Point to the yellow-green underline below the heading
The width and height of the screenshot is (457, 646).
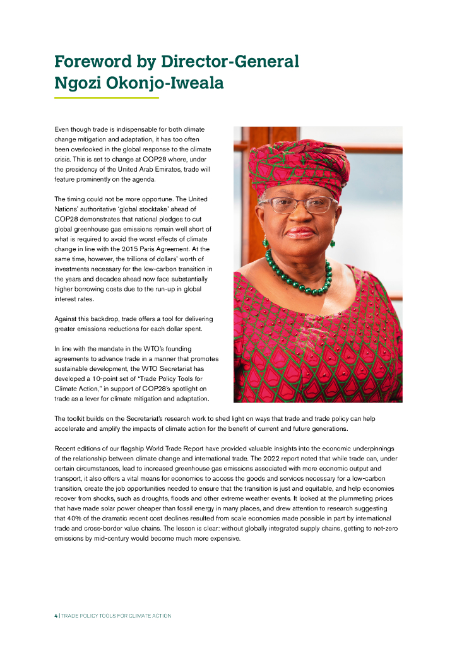click(106, 98)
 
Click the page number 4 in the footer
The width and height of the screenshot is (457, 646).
click(56, 616)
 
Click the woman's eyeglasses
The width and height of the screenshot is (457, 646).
click(298, 204)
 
